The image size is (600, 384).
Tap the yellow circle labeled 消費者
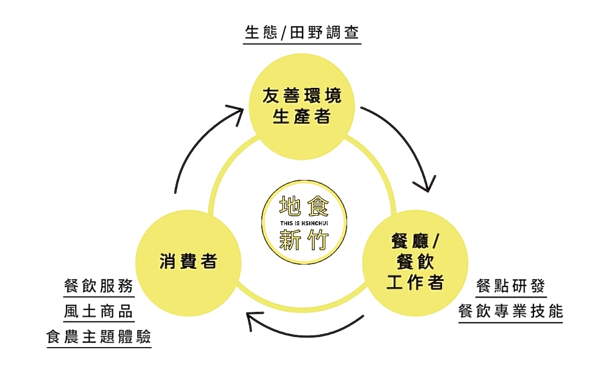click(x=188, y=262)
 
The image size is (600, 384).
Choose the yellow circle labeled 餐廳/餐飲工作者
click(x=415, y=262)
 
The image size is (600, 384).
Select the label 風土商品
click(x=99, y=311)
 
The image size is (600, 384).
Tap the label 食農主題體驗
click(x=99, y=337)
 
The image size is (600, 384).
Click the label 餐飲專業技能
click(x=510, y=311)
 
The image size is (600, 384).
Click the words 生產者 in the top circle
click(x=301, y=116)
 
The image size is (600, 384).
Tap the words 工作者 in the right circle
click(x=415, y=282)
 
